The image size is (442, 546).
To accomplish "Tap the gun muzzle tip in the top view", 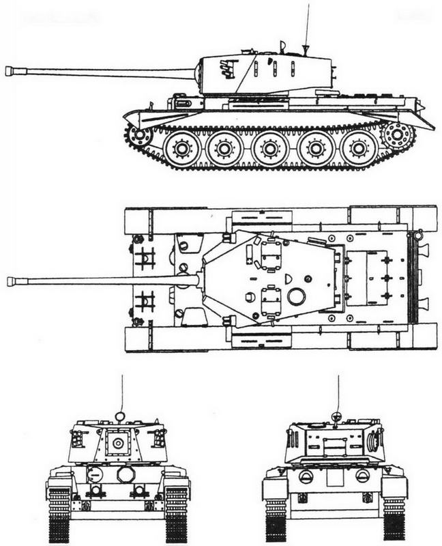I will (10, 281).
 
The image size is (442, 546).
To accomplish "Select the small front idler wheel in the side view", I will (141, 134).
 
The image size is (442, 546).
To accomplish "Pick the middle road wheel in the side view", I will (271, 147).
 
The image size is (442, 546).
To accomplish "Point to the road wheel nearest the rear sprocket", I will (359, 147).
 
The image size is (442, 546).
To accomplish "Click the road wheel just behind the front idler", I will (182, 147).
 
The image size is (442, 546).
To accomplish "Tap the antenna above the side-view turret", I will (306, 27).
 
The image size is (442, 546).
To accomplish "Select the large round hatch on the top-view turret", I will (297, 296).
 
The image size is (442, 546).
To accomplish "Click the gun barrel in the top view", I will (102, 281).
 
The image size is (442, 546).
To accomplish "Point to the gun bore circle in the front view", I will (119, 444).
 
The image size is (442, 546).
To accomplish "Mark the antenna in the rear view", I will (338, 396).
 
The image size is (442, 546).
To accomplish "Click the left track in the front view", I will (60, 512).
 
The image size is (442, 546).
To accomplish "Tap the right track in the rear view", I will (394, 515).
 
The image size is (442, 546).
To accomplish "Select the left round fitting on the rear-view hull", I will (306, 476).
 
